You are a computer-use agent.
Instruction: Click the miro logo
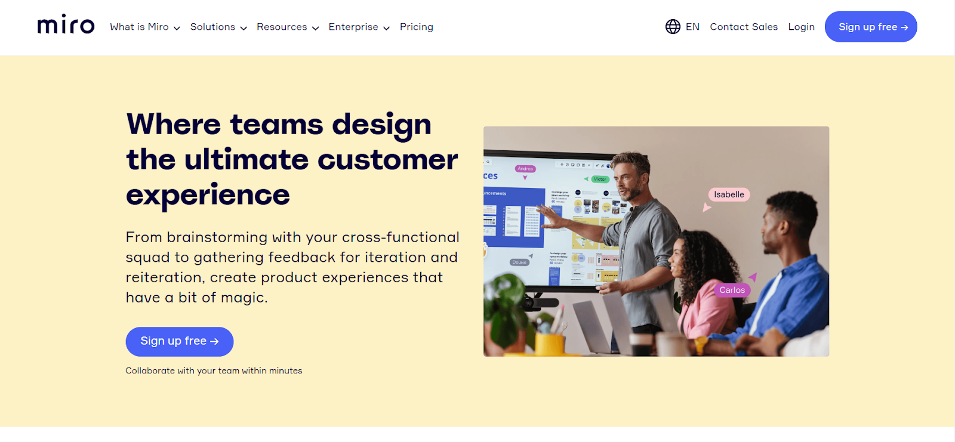point(66,25)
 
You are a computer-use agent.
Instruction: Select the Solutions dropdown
point(218,27)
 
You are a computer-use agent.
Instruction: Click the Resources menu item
point(287,27)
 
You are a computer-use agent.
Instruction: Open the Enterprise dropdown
point(359,27)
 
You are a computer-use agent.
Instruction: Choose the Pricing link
point(416,27)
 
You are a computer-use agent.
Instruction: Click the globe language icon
point(673,27)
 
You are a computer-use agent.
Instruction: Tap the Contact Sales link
point(743,27)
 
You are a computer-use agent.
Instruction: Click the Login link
point(801,27)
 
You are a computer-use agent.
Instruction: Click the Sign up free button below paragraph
point(179,341)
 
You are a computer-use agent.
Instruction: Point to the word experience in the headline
point(208,195)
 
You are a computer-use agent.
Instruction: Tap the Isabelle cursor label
point(729,194)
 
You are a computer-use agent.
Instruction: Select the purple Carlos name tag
point(732,290)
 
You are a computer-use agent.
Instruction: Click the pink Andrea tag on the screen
point(525,169)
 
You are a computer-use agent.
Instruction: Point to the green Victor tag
point(600,179)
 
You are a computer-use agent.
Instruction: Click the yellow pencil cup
point(550,344)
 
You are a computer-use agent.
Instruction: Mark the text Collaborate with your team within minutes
point(214,371)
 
